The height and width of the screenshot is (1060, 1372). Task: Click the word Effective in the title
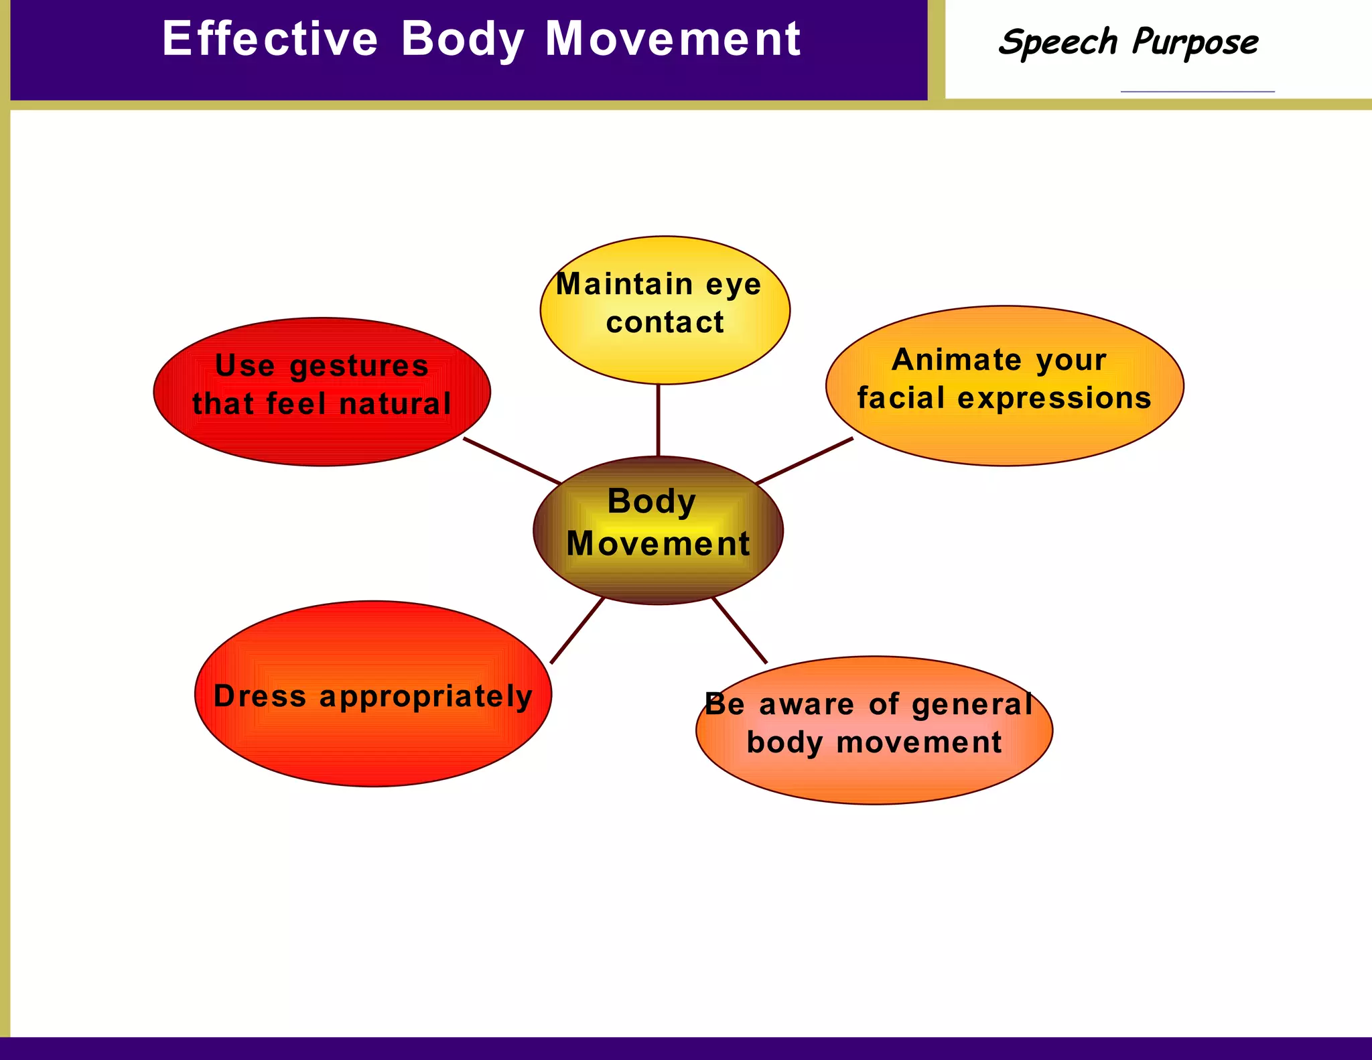(270, 38)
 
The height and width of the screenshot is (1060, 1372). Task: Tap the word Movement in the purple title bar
(673, 38)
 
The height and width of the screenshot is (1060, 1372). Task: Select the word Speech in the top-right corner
(1058, 43)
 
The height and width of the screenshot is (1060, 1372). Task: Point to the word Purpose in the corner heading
(1195, 43)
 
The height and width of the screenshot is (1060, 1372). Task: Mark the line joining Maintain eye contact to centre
(658, 420)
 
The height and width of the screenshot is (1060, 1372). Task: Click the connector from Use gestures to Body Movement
(512, 461)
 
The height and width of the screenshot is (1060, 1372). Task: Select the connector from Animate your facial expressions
(804, 461)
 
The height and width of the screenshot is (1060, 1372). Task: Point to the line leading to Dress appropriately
(577, 631)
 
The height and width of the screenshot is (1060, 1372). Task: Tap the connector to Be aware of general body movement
(740, 631)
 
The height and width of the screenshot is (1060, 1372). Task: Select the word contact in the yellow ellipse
(665, 322)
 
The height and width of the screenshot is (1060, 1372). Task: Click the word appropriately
(425, 697)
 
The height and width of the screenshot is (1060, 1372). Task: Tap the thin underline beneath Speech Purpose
(1197, 91)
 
